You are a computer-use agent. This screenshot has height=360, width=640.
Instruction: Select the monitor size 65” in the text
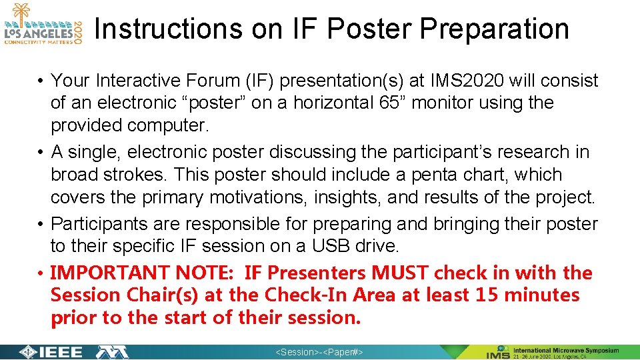(x=313, y=103)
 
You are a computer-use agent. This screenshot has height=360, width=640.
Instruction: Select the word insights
(x=352, y=197)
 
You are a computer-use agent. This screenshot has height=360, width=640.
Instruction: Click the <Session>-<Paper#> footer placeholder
(x=319, y=352)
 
